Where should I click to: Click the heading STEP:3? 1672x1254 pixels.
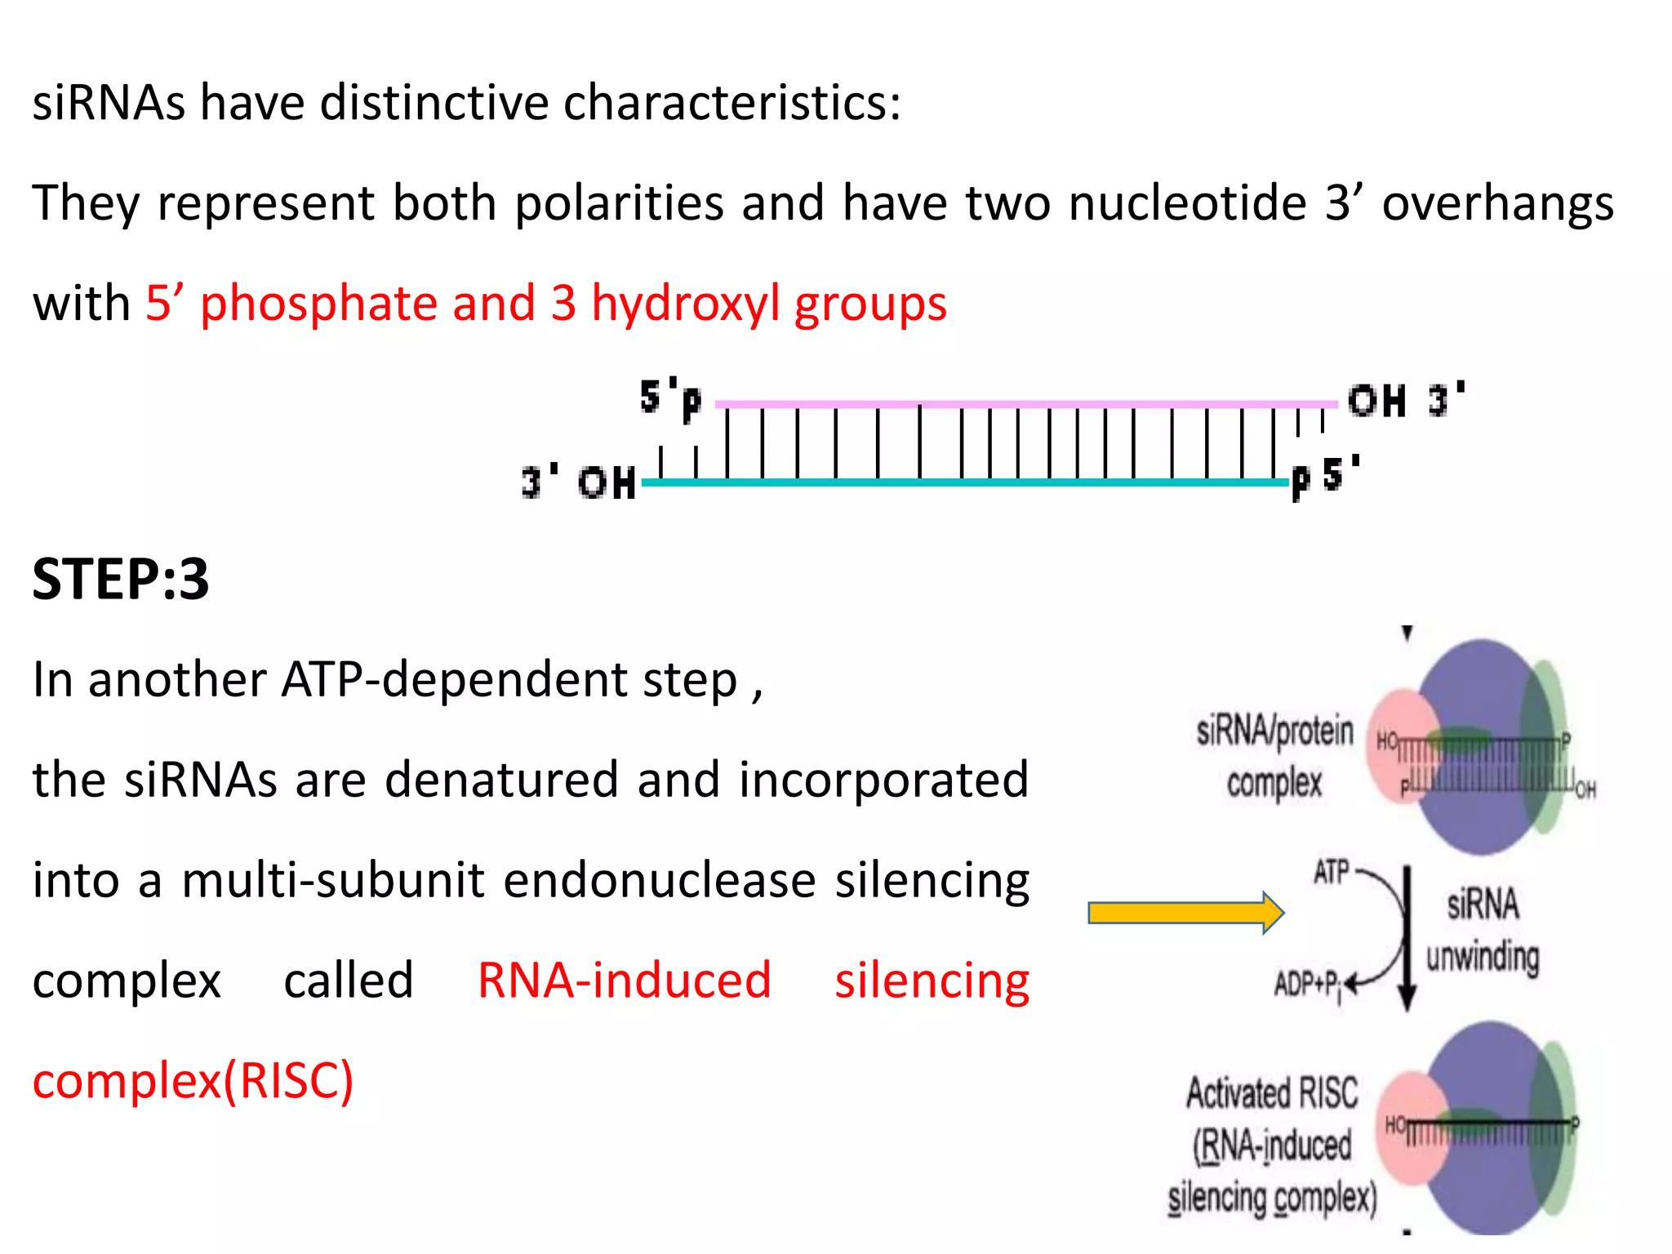121,580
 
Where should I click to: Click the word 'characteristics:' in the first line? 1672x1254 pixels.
732,104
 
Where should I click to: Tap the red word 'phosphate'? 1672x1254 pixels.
318,304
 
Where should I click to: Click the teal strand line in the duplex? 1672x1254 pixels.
963,482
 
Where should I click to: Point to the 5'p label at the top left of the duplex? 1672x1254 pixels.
670,398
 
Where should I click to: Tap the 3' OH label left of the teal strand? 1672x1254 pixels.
579,482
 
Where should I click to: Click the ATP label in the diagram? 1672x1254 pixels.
1332,873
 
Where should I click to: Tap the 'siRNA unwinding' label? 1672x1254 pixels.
1483,931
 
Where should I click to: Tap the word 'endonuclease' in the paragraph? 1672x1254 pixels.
660,881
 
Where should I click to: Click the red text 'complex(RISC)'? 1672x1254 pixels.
193,1081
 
